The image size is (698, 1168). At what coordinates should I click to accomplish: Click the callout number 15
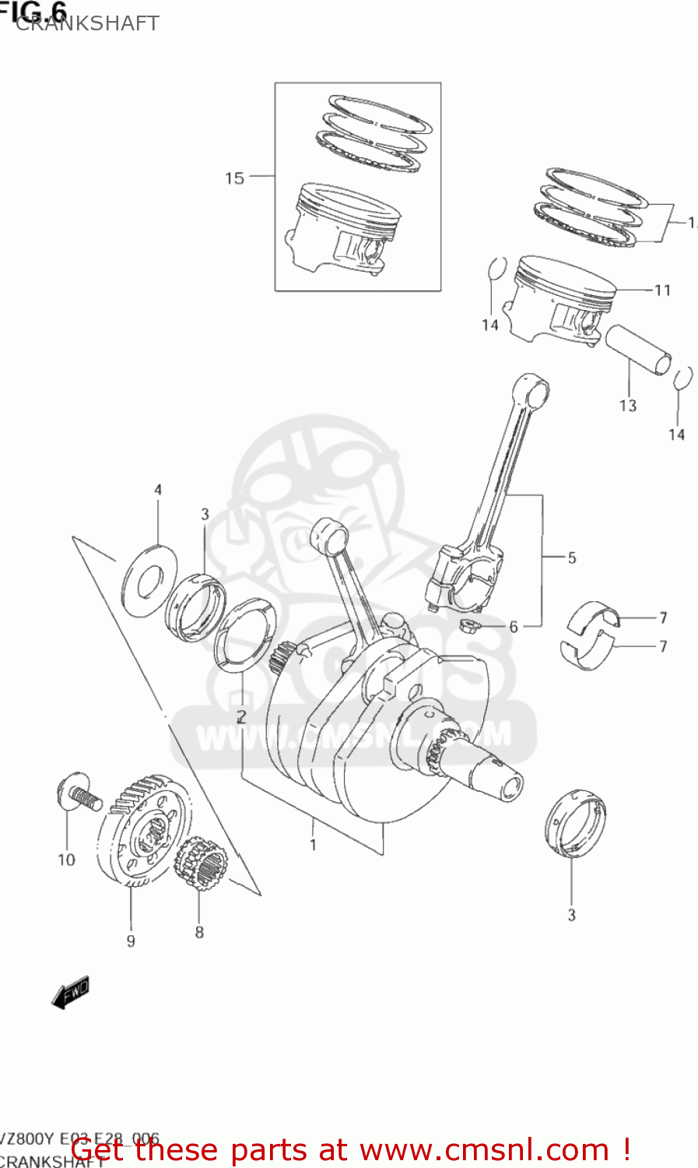[x=234, y=178]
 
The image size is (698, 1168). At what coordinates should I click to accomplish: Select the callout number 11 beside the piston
[x=662, y=290]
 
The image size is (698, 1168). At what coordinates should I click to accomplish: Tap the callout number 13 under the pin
[x=628, y=406]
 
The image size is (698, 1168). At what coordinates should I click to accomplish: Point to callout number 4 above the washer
[x=158, y=490]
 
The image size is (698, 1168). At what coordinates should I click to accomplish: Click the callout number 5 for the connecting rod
[x=572, y=558]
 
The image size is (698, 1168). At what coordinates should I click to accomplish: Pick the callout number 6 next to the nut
[x=514, y=627]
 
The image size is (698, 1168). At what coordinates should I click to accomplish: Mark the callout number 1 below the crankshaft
[x=313, y=845]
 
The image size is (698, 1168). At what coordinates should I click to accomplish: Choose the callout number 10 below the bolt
[x=67, y=860]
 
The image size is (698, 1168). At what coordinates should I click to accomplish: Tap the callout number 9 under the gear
[x=131, y=941]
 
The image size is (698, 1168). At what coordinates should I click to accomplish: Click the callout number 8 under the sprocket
[x=199, y=932]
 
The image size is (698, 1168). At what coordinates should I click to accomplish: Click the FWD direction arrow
[x=71, y=993]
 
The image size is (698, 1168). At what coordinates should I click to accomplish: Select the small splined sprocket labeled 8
[x=202, y=864]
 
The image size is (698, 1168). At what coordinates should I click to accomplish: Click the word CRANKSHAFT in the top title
[x=87, y=23]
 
